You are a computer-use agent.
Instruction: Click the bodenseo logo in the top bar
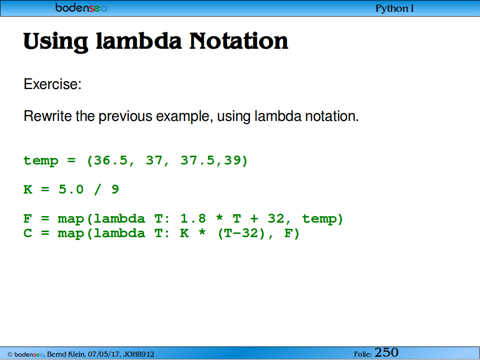pyautogui.click(x=81, y=7)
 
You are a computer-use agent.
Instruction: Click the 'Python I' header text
pyautogui.click(x=395, y=8)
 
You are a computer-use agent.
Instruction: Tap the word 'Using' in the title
pyautogui.click(x=56, y=42)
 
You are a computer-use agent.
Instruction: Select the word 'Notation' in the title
pyautogui.click(x=239, y=41)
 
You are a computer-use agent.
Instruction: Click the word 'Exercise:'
pyautogui.click(x=52, y=84)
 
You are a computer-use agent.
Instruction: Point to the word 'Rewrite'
pyautogui.click(x=48, y=116)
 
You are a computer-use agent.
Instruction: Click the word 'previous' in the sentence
pyautogui.click(x=126, y=117)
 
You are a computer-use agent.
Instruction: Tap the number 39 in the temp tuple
pyautogui.click(x=232, y=160)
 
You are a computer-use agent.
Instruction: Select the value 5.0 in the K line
pyautogui.click(x=71, y=189)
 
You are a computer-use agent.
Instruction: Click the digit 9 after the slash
pyautogui.click(x=115, y=189)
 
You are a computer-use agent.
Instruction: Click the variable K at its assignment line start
pyautogui.click(x=28, y=189)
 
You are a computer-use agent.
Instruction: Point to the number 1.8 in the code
pyautogui.click(x=193, y=218)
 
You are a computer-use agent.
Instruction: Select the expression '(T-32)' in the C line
pyautogui.click(x=241, y=233)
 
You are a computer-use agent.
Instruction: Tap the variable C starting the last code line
pyautogui.click(x=28, y=233)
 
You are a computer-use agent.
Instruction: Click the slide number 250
pyautogui.click(x=386, y=352)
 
